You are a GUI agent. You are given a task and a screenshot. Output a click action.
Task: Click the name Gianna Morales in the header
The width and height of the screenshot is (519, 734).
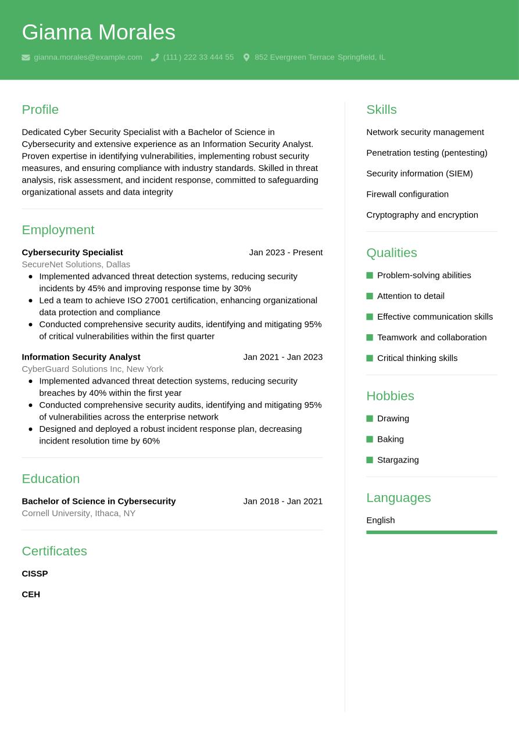click(98, 32)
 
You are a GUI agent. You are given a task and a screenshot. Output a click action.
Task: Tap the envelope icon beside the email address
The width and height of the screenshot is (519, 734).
click(26, 58)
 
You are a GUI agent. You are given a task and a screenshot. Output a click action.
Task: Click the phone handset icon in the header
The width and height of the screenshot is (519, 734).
click(155, 58)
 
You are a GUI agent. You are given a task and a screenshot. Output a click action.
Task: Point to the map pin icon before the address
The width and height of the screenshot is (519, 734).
click(246, 58)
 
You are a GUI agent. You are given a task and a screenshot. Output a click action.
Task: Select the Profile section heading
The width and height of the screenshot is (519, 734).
click(40, 109)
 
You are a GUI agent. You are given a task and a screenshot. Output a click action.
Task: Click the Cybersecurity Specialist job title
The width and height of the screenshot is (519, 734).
click(72, 252)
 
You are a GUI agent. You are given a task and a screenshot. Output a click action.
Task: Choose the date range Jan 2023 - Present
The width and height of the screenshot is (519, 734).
click(285, 252)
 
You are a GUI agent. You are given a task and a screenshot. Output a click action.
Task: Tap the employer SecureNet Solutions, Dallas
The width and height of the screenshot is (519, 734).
click(76, 264)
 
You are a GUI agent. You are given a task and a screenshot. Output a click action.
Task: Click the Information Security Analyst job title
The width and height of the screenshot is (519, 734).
click(81, 357)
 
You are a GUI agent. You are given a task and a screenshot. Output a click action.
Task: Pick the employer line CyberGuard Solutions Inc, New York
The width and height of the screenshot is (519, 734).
click(92, 369)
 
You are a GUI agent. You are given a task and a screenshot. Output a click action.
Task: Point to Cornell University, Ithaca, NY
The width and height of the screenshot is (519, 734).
click(78, 513)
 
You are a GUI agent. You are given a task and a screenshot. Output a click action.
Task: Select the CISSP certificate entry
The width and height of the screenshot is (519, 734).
click(35, 574)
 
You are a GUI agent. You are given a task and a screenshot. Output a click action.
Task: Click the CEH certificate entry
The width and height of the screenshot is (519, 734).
click(31, 595)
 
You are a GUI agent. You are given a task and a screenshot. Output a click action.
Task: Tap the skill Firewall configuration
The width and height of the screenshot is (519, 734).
click(407, 194)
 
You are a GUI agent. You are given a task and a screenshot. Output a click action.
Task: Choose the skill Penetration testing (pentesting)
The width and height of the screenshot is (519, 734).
click(427, 153)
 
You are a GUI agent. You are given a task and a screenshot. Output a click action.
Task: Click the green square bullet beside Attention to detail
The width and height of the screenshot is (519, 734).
click(370, 296)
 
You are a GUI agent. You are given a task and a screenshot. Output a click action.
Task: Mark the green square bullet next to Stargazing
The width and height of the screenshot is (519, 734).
click(370, 460)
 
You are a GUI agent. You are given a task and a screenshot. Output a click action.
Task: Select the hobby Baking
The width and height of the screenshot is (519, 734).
click(390, 439)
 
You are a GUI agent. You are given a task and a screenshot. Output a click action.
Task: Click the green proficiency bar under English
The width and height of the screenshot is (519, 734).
click(431, 532)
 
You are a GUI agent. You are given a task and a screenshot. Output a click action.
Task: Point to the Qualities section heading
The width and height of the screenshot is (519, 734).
click(392, 253)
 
